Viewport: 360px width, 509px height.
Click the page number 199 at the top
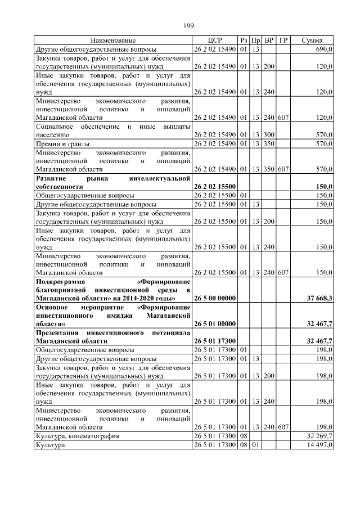(x=188, y=24)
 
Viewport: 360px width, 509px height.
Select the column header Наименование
(x=113, y=40)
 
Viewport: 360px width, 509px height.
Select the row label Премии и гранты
(x=62, y=144)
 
